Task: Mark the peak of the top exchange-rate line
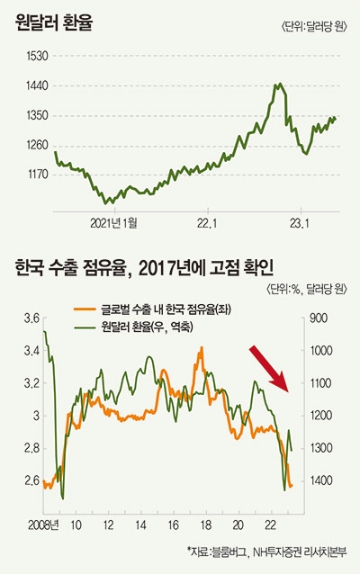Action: coord(278,85)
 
